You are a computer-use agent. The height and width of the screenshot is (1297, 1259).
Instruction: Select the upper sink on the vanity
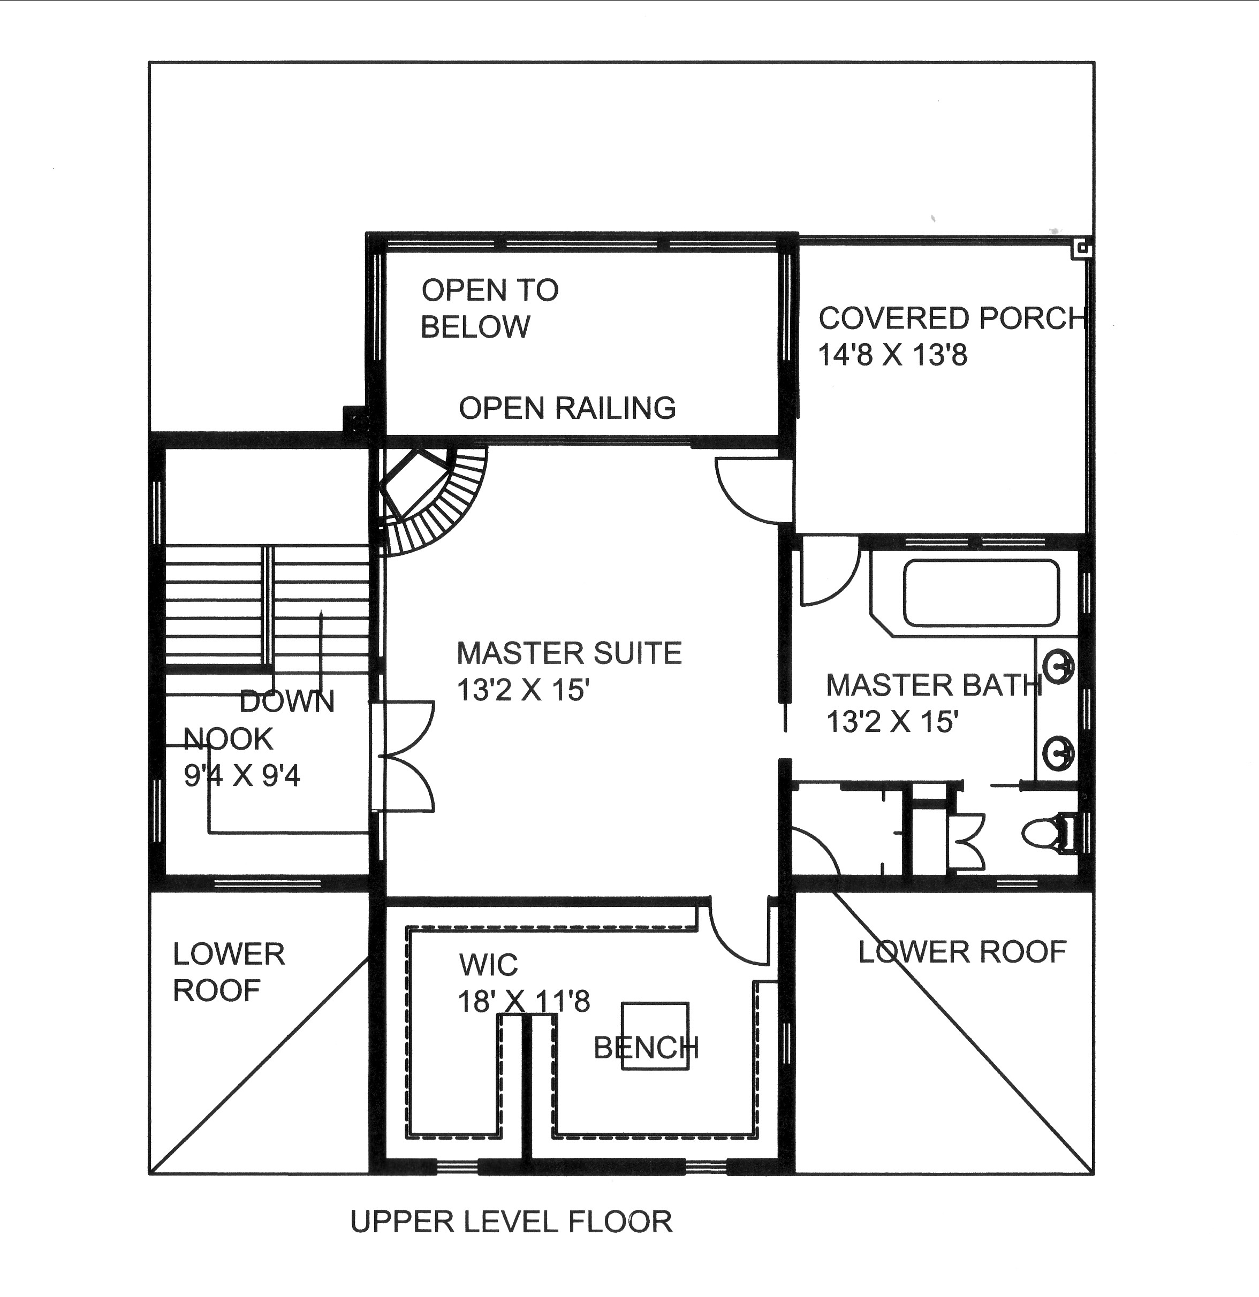click(1058, 666)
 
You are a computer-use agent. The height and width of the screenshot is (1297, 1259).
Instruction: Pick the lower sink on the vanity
click(1058, 752)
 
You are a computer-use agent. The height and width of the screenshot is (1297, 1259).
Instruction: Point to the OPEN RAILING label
click(567, 408)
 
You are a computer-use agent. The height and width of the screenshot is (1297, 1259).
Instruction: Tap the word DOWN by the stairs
click(286, 701)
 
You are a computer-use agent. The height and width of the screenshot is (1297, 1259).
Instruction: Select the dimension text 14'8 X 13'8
click(892, 355)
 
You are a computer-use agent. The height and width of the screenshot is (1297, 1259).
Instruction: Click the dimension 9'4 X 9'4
click(241, 775)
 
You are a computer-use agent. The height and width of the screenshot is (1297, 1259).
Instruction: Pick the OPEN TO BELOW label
click(489, 308)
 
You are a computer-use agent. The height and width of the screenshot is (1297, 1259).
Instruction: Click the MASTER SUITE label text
click(568, 654)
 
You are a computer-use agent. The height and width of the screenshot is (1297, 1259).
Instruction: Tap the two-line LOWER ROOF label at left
click(229, 972)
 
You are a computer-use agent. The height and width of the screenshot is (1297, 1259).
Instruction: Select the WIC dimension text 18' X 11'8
click(524, 1001)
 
